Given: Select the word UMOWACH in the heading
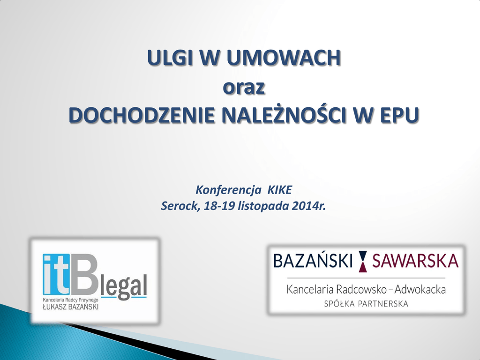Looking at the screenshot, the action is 284,57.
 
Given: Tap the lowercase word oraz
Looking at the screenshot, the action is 244,87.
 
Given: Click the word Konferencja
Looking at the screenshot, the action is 228,190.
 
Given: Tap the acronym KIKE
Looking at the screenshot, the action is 280,190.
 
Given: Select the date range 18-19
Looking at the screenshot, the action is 219,206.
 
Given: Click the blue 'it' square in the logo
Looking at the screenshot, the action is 56,274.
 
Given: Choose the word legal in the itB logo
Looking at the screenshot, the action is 124,287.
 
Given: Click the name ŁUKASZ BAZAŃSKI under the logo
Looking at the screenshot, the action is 70,307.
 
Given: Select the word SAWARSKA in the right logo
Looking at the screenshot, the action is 415,261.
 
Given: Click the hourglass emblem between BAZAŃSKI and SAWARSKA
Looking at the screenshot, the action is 363,261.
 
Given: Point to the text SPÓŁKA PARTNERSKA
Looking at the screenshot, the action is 366,304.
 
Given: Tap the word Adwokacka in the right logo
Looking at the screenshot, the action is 420,289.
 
